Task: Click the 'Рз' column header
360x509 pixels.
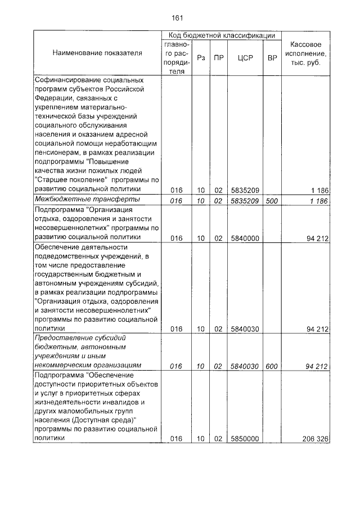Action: point(200,58)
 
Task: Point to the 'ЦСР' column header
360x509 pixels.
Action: point(244,58)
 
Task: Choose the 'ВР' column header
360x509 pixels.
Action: point(272,58)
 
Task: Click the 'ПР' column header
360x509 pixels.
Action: point(219,58)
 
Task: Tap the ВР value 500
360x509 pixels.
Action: point(272,200)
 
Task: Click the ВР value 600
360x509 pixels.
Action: point(272,367)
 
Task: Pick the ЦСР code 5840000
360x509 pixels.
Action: point(245,238)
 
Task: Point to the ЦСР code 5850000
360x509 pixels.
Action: point(245,439)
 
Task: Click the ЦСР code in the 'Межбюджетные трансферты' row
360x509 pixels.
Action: point(245,200)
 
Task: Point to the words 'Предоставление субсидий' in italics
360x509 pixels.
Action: point(80,338)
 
